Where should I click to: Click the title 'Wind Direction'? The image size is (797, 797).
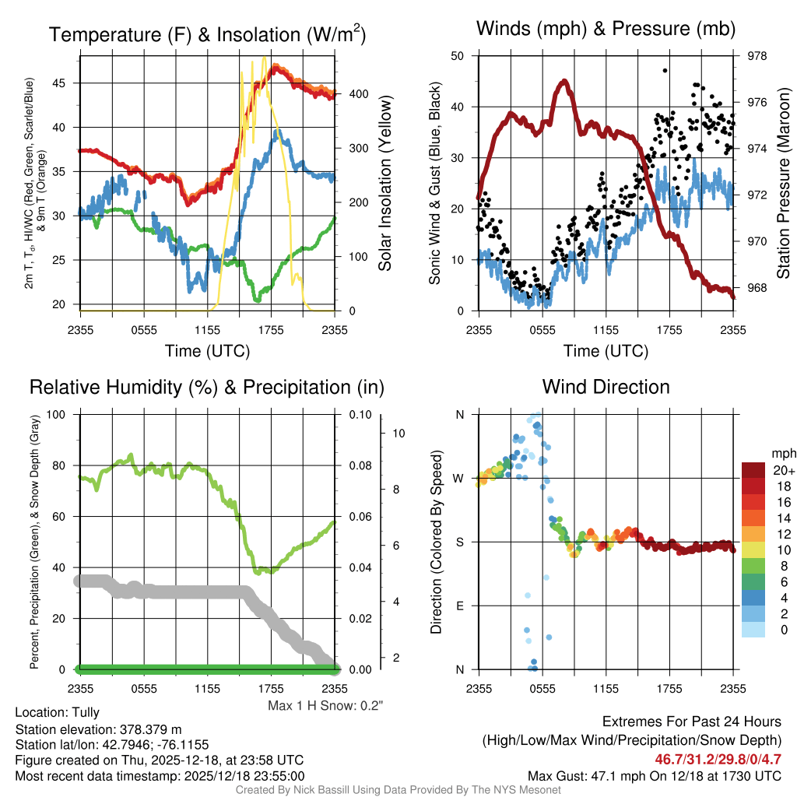[606, 387]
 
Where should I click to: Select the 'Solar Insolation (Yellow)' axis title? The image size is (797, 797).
[384, 184]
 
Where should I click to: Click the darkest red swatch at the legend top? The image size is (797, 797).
[754, 470]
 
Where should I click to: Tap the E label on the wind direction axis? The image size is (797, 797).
[460, 606]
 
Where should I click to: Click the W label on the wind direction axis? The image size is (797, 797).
[459, 478]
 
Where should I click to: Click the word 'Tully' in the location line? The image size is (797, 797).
[86, 712]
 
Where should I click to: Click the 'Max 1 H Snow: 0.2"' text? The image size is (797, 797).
[325, 706]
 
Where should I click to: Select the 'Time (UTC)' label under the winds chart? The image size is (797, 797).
[606, 351]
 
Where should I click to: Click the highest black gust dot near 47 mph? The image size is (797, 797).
[665, 70]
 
